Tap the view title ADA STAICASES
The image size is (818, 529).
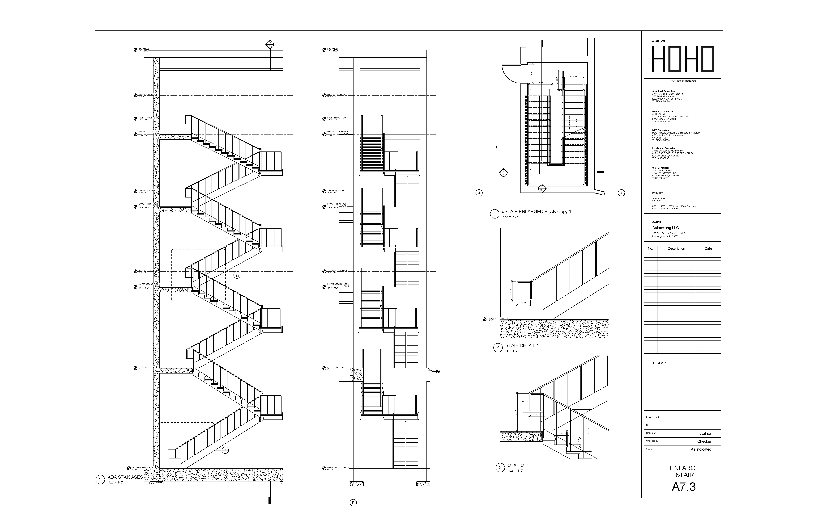click(x=125, y=477)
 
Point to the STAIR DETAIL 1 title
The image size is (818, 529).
click(x=522, y=345)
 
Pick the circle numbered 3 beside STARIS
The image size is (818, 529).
click(x=500, y=467)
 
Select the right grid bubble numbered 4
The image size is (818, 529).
click(x=621, y=193)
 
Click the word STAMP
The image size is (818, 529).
click(x=659, y=363)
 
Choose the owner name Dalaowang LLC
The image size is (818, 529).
click(x=665, y=228)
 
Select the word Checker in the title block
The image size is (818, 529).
click(x=704, y=441)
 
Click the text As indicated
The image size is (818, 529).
click(x=701, y=449)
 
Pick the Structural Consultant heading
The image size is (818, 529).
click(x=663, y=91)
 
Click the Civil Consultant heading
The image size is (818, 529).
click(x=661, y=168)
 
